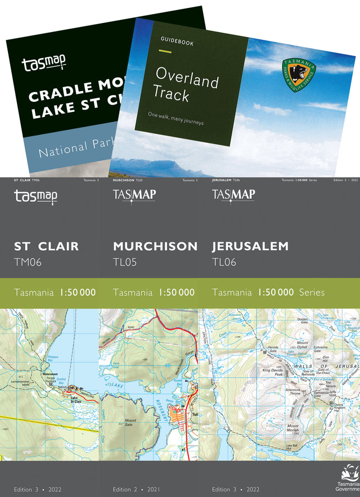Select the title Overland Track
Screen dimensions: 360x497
click(186, 84)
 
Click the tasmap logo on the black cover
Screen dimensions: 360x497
click(44, 65)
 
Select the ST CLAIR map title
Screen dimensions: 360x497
click(46, 246)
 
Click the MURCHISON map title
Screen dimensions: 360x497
click(155, 246)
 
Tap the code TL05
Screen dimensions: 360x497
click(125, 262)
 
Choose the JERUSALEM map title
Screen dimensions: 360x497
click(250, 246)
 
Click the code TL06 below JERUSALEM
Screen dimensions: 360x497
click(224, 262)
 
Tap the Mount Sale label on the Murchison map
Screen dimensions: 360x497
click(130, 423)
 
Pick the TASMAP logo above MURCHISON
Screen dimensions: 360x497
click(134, 196)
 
